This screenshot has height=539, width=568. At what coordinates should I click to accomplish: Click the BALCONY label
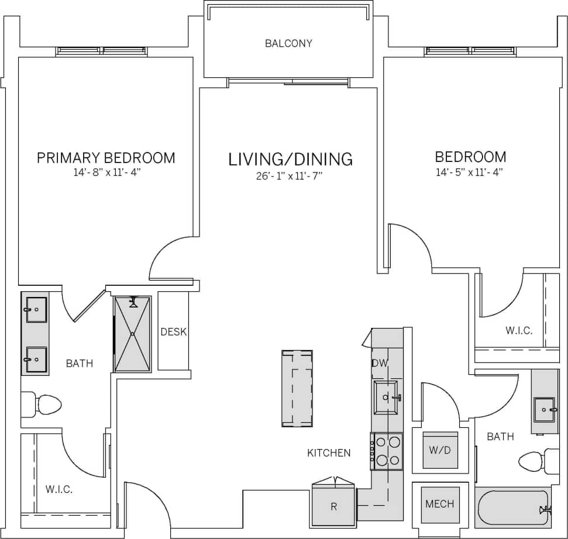(x=288, y=43)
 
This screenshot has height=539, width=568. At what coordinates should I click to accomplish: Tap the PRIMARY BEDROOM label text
(x=106, y=158)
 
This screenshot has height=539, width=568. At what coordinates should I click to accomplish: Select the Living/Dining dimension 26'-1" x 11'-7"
(x=290, y=175)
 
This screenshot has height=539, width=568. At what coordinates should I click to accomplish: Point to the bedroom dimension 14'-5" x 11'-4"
(x=470, y=172)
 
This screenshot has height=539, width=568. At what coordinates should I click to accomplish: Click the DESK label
(x=173, y=332)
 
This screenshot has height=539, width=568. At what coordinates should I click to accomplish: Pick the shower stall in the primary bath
(x=133, y=334)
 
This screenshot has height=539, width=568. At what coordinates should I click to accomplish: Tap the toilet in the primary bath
(x=43, y=405)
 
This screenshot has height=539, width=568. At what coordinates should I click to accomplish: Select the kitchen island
(x=297, y=388)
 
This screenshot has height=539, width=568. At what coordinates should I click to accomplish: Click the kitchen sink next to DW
(x=386, y=398)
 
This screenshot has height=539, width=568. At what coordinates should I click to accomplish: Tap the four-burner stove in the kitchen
(x=387, y=451)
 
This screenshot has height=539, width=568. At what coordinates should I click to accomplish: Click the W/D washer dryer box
(x=440, y=451)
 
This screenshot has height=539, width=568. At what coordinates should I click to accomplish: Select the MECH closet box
(x=440, y=503)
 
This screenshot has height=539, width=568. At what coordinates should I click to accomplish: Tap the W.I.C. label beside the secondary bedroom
(x=519, y=331)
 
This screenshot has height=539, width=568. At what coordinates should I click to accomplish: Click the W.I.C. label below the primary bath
(x=59, y=489)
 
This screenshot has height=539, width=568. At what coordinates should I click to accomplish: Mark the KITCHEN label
(x=329, y=452)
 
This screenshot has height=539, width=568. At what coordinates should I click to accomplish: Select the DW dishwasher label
(x=380, y=363)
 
